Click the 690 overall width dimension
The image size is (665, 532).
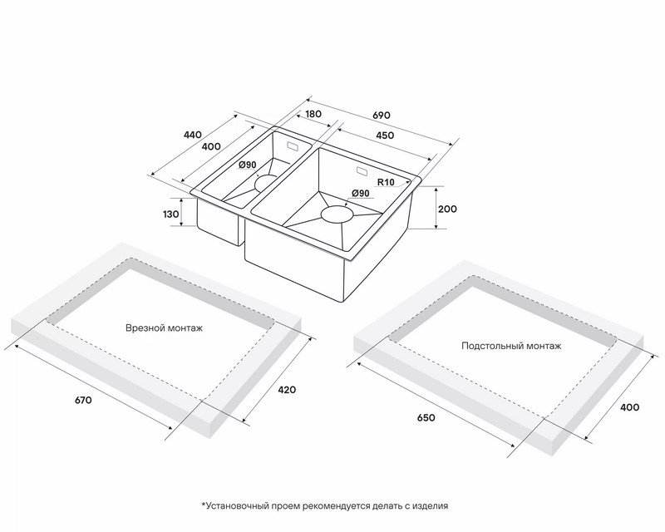click(x=382, y=115)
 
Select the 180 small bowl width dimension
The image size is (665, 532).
click(x=313, y=114)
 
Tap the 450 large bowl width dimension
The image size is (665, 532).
click(x=385, y=135)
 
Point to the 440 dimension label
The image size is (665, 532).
click(x=192, y=135)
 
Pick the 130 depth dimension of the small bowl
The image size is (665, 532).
click(x=171, y=214)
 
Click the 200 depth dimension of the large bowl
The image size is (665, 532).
click(x=447, y=209)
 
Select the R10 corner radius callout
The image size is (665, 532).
click(x=386, y=182)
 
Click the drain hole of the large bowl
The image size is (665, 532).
click(x=337, y=214)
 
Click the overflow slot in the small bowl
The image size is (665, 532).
click(x=293, y=146)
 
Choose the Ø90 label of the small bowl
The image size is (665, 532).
click(x=248, y=165)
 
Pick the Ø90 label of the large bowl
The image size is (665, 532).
click(x=361, y=194)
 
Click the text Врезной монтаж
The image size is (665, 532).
click(x=164, y=328)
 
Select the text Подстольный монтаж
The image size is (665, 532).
click(x=511, y=346)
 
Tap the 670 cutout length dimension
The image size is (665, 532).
click(x=83, y=400)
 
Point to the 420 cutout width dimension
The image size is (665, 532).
click(x=287, y=390)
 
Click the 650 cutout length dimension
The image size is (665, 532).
click(x=426, y=418)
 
